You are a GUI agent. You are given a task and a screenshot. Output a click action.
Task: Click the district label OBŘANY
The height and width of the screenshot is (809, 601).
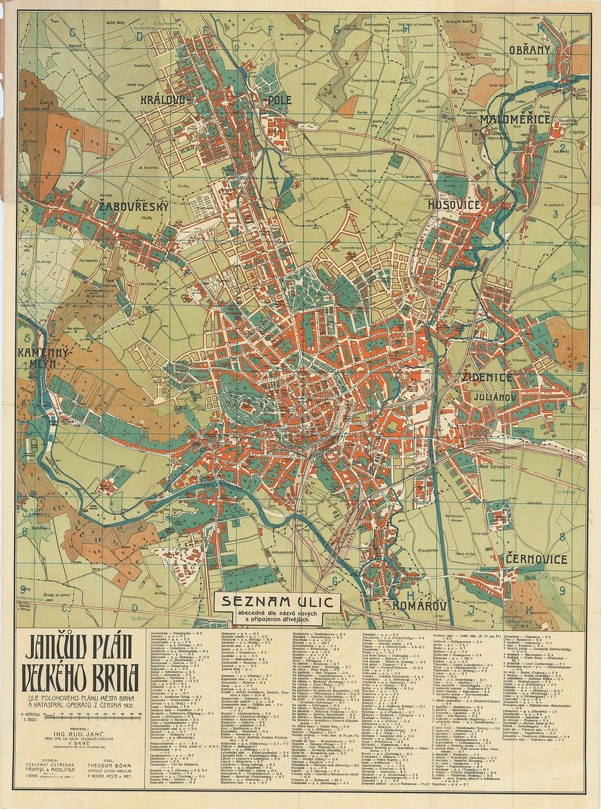pyautogui.click(x=530, y=50)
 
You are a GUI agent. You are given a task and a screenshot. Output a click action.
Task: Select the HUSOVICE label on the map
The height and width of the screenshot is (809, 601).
pyautogui.click(x=454, y=205)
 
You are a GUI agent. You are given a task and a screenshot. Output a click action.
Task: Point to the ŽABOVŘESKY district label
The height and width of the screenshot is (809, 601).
pyautogui.click(x=134, y=206)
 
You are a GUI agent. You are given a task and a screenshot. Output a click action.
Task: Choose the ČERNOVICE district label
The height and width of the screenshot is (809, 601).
pyautogui.click(x=536, y=558)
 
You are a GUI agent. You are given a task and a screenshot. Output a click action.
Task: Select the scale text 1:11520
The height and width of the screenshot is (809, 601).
pyautogui.click(x=32, y=720)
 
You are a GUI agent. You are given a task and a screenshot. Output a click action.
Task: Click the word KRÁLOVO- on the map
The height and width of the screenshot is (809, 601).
pyautogui.click(x=164, y=100)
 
